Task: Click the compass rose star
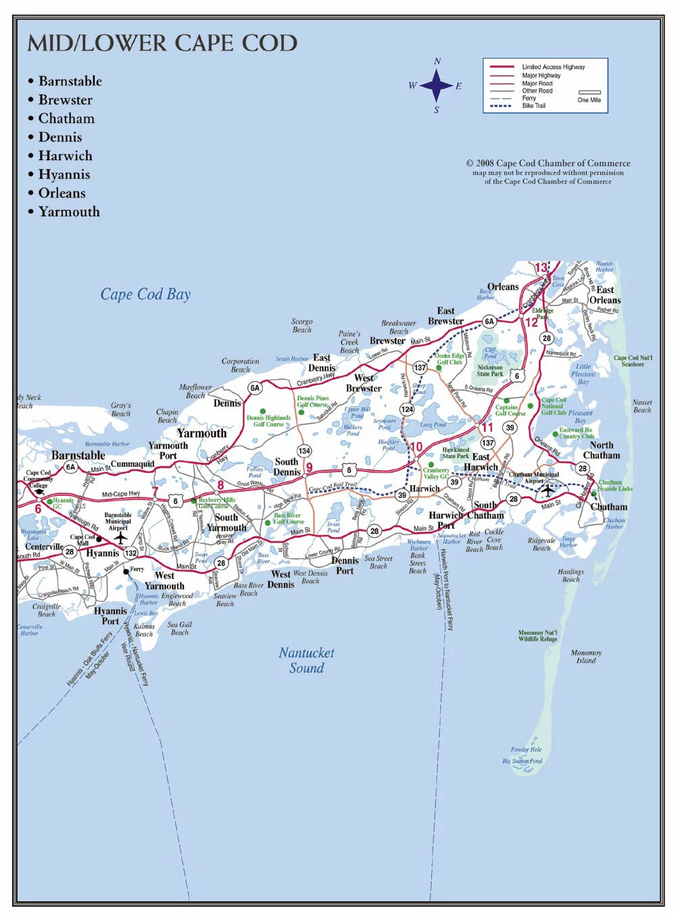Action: point(437,85)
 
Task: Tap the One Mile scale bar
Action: point(589,93)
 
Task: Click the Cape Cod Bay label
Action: point(145,294)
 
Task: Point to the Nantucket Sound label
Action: point(306,660)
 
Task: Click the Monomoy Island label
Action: point(586,657)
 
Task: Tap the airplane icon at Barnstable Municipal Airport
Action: point(120,538)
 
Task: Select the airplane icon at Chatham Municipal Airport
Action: point(548,490)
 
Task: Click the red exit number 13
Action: point(541,268)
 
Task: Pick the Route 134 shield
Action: point(304,451)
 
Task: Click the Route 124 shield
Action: point(407,409)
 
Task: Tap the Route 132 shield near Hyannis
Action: point(130,553)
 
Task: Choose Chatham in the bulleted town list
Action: point(66,118)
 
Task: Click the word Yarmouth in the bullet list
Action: point(69,212)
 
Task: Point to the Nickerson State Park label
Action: point(490,370)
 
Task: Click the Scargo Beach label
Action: point(302,326)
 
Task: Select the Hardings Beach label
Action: point(571,575)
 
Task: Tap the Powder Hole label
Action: point(526,749)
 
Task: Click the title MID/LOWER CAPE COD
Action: point(162,43)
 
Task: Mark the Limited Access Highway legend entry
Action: point(553,67)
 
